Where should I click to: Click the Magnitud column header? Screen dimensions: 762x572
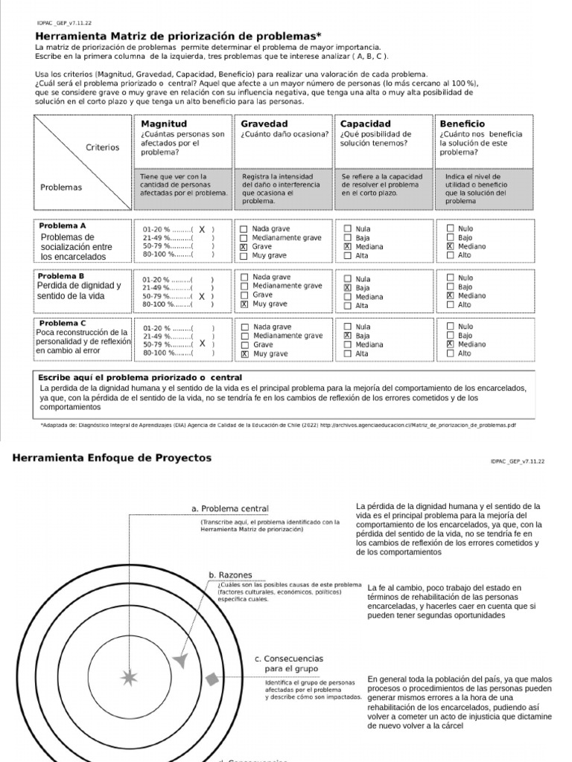coord(164,124)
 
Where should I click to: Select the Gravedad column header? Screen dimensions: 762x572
coord(264,124)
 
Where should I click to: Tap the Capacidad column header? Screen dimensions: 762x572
coord(365,124)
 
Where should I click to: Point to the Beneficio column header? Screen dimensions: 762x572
coord(463,124)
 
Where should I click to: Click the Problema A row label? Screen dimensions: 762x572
coord(63,225)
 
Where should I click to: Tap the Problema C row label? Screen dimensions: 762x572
coord(63,323)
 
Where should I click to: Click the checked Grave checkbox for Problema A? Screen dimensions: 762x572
coord(244,246)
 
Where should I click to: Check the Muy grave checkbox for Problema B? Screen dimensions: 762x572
coord(244,304)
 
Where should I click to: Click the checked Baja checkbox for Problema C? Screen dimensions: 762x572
coord(347,336)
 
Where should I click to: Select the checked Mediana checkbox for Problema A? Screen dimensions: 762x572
coord(347,246)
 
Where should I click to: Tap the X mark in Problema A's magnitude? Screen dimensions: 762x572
coord(201,230)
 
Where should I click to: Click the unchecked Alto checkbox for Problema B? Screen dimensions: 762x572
coord(449,304)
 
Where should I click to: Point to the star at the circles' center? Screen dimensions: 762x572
coord(130,677)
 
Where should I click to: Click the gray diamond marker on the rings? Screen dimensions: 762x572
coord(212,679)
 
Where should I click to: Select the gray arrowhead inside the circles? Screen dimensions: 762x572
coord(179,660)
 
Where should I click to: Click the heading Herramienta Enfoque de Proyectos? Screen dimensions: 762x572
coord(112,458)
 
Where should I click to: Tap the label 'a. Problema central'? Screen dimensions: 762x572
coord(229,508)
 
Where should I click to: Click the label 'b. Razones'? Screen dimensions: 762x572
coord(230,574)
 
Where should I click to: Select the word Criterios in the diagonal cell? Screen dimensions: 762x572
coord(102,147)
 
